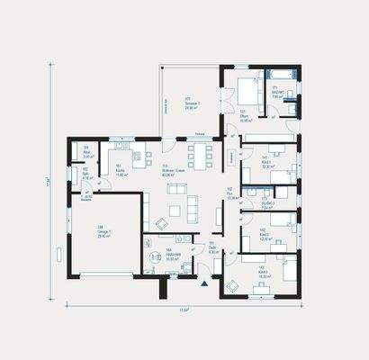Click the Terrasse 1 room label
click(190, 103)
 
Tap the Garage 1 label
click(103, 229)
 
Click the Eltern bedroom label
click(244, 114)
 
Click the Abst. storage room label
click(86, 150)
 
